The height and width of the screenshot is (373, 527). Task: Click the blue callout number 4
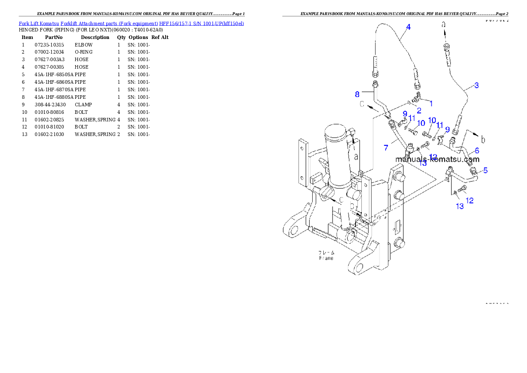[408, 27]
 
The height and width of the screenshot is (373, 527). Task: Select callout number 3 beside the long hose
[476, 85]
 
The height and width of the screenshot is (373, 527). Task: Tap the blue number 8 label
[357, 94]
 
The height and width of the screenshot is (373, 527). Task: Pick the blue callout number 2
[418, 110]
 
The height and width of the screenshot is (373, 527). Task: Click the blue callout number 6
[477, 151]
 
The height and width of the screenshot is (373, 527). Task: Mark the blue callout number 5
[485, 170]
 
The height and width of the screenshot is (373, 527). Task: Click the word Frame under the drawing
[326, 258]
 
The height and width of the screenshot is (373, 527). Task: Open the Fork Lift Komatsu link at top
[131, 23]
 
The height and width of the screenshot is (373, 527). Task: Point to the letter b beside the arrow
[483, 140]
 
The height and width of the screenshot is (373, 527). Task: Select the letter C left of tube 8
[362, 105]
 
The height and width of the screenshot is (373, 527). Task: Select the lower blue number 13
[460, 206]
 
